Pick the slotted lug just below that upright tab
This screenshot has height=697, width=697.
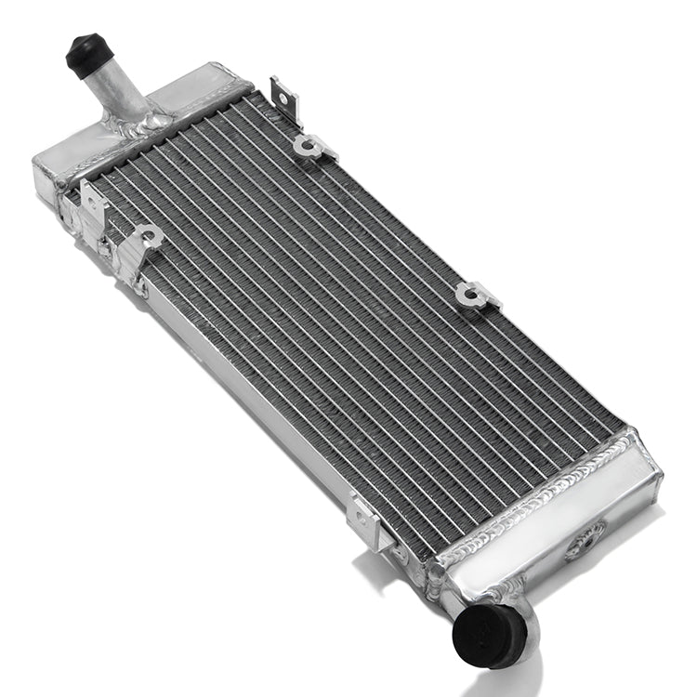(312, 146)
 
